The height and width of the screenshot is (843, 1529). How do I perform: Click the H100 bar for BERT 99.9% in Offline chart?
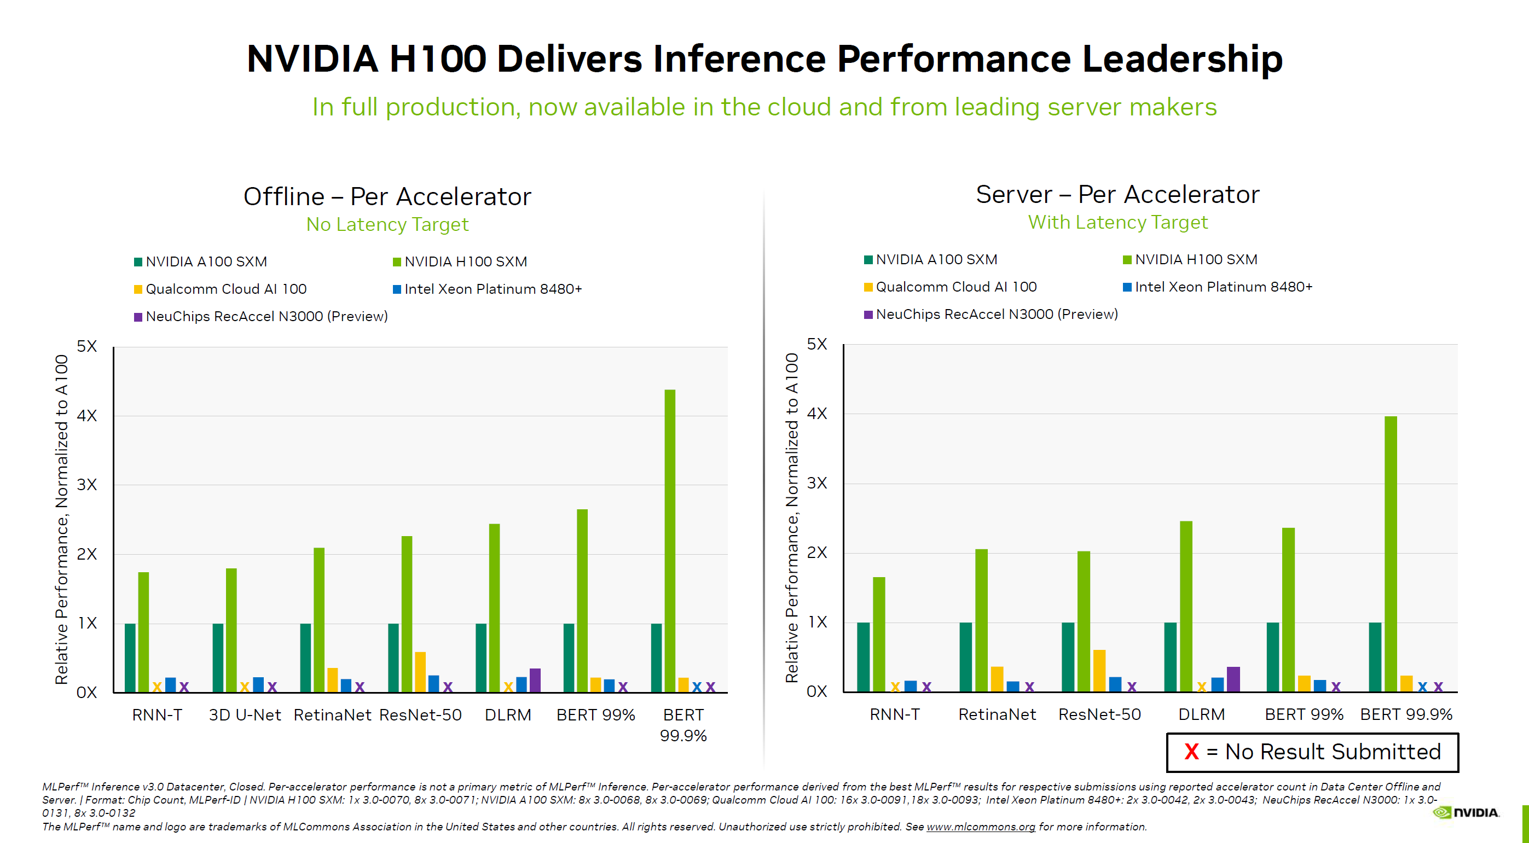pos(669,540)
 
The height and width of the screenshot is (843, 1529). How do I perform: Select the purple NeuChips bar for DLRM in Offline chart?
pos(535,680)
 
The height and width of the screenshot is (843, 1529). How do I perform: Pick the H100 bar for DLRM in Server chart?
pos(1186,606)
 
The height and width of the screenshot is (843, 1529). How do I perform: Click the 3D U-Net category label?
pos(245,715)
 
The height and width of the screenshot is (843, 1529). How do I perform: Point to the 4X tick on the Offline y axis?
pos(86,415)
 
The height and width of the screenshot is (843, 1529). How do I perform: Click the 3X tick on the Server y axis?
pos(816,483)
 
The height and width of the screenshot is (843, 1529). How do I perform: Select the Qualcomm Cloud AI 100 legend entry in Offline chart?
pos(225,289)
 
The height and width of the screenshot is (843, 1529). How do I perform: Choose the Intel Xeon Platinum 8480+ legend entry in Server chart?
pos(1223,287)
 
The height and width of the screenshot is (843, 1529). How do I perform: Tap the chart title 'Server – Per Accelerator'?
pos(1117,195)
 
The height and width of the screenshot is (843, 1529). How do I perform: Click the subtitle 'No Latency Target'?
pos(387,224)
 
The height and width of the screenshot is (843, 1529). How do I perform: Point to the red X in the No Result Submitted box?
pos(1191,752)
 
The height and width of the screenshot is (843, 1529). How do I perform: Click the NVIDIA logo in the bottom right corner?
pos(1466,812)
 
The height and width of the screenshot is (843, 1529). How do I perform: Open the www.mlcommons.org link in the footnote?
pos(981,827)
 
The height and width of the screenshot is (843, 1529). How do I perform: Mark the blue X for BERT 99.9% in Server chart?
pos(1422,687)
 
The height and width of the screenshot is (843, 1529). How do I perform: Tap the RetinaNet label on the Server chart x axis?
pos(997,714)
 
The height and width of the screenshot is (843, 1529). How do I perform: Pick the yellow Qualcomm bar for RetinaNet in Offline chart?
pos(332,680)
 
